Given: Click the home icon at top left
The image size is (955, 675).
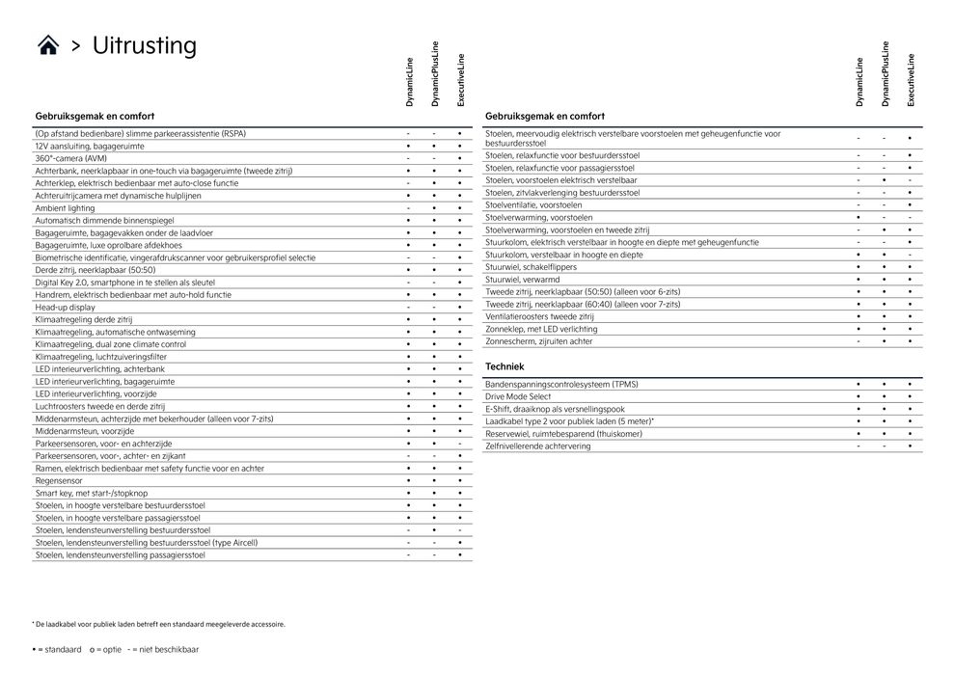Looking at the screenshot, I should point(47,46).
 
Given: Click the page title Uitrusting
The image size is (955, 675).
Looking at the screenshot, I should point(144,45).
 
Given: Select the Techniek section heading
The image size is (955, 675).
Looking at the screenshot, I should point(505,366).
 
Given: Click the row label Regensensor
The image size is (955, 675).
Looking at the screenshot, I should point(59,480).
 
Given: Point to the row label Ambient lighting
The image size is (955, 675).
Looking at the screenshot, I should point(66,207).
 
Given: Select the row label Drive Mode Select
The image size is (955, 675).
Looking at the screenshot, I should point(518,396).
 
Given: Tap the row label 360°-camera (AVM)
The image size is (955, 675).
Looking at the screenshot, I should point(71,157).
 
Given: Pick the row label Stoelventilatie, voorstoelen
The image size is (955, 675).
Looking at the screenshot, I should point(533,204).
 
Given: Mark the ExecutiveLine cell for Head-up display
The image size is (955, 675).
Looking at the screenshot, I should point(460,307).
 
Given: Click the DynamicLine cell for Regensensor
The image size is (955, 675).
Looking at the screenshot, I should point(408,480).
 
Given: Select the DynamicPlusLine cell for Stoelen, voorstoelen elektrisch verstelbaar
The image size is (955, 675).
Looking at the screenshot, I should point(884,180).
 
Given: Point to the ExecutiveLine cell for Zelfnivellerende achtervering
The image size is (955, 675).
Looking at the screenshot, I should point(910,446).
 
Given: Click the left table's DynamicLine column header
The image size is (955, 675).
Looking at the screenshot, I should point(409,81).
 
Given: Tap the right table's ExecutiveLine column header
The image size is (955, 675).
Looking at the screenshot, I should point(910,81).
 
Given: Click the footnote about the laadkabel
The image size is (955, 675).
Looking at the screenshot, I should point(158,624).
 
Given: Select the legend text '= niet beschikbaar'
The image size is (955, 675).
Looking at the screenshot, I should point(167,650).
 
